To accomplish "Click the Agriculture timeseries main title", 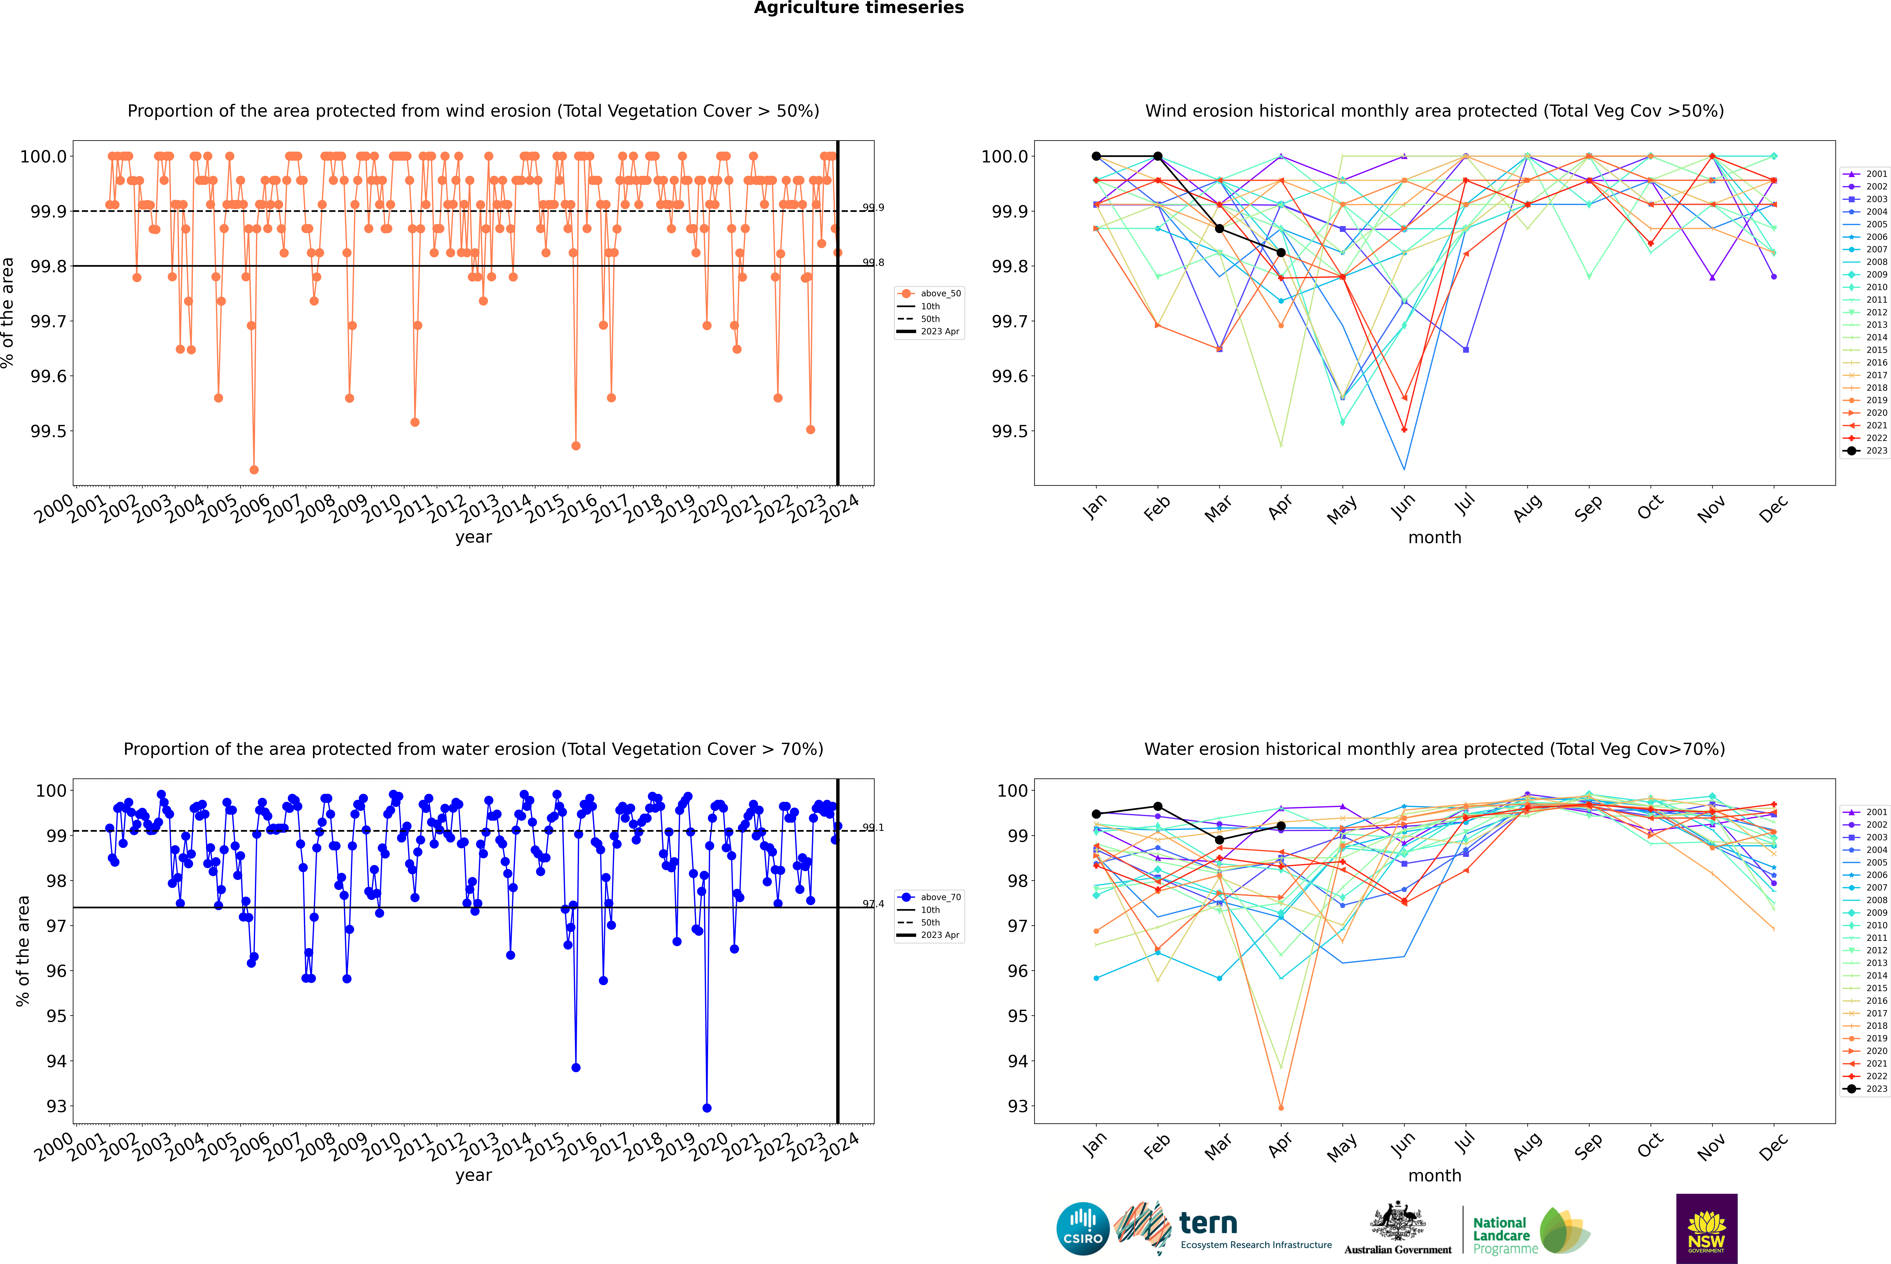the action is [x=858, y=8].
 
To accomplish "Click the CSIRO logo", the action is [x=1083, y=1229].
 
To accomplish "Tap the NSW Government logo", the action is [x=1706, y=1229].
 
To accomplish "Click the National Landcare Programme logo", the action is [x=1531, y=1231].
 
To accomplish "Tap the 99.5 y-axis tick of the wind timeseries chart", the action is [x=48, y=431].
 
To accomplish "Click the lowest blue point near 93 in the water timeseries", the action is [x=707, y=1108].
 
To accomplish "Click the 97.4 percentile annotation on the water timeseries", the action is [x=873, y=904].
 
